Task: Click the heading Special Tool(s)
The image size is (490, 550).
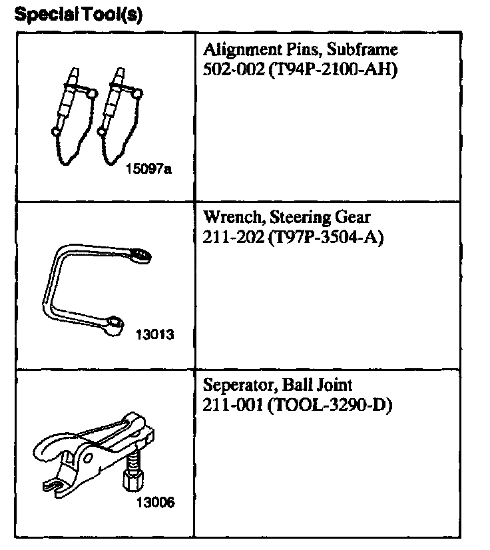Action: tap(79, 14)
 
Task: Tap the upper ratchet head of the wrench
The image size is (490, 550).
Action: tap(142, 253)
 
